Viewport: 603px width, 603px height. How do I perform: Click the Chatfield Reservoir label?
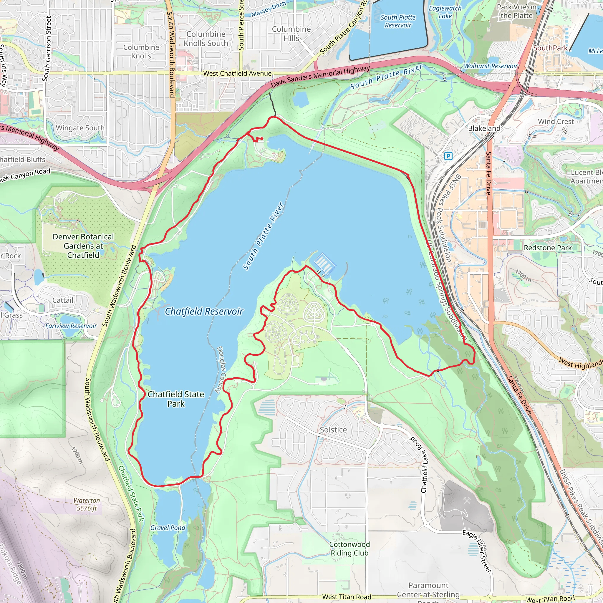click(204, 311)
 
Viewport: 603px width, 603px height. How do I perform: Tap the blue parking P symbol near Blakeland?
click(448, 156)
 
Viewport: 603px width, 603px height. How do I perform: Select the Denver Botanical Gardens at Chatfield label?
click(83, 246)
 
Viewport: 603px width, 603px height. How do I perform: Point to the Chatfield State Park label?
click(176, 399)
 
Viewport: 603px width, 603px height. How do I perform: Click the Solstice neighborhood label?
click(333, 430)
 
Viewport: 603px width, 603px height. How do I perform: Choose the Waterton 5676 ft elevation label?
click(87, 504)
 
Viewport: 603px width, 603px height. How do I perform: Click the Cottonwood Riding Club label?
click(349, 549)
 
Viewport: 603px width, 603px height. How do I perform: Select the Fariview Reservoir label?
click(71, 326)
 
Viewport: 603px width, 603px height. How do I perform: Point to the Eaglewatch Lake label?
click(445, 12)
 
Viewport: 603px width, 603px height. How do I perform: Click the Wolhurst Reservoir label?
click(490, 66)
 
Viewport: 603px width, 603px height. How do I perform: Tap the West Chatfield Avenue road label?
click(237, 73)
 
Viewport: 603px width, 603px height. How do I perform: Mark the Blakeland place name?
click(484, 128)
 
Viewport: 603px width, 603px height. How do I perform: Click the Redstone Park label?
click(548, 248)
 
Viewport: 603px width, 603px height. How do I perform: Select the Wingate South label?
click(80, 128)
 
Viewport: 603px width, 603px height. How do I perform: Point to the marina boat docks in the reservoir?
click(324, 263)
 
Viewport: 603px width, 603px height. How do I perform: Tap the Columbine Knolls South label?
click(206, 39)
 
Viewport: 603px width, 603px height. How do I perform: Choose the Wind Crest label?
click(556, 121)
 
